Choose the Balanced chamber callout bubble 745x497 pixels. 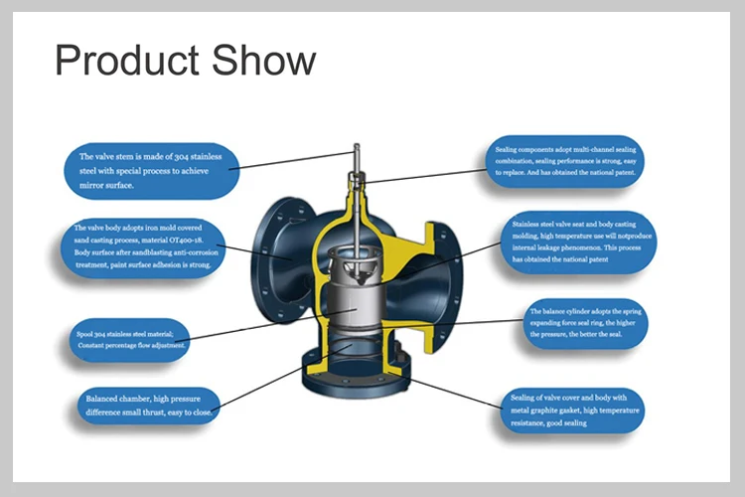[x=145, y=405]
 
